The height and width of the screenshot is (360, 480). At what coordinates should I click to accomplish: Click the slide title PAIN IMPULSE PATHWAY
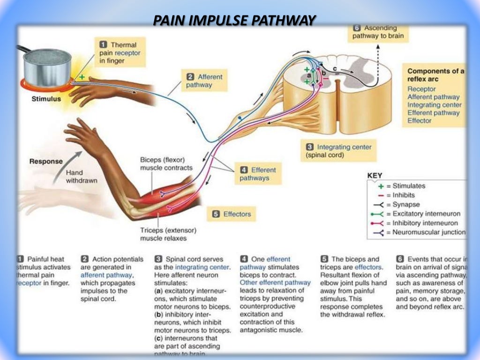point(235,20)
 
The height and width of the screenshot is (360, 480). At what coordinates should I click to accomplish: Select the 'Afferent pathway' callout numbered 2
point(204,81)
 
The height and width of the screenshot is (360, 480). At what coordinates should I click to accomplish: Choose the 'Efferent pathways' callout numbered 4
point(258,174)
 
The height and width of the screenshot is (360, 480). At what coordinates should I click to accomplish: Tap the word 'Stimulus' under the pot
point(45,99)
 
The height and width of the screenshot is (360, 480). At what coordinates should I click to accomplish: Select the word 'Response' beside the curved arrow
point(46,161)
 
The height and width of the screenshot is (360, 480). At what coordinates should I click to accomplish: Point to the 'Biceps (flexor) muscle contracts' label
point(166,164)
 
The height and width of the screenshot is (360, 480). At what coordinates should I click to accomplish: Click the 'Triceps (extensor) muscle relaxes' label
point(168,234)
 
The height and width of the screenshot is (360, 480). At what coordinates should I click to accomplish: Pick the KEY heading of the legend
point(375,176)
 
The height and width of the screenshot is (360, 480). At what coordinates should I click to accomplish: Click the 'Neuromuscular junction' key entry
point(428,232)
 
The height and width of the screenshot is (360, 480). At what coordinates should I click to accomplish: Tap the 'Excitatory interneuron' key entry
point(426,214)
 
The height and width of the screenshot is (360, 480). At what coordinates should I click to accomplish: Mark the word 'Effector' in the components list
point(420,120)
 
